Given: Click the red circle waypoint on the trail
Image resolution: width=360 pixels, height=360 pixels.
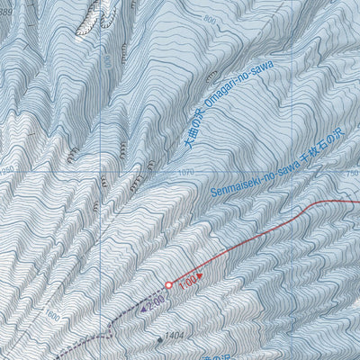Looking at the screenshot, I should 168,285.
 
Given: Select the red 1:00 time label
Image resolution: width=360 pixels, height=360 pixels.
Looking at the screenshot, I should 186,284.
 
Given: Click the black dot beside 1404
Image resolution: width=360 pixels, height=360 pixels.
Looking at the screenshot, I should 160,339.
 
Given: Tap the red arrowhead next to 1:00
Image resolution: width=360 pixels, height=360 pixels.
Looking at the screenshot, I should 200,277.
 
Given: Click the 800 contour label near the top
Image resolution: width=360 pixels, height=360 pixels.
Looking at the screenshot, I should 210,20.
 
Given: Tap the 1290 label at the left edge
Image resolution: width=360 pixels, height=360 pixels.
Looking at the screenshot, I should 7,170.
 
